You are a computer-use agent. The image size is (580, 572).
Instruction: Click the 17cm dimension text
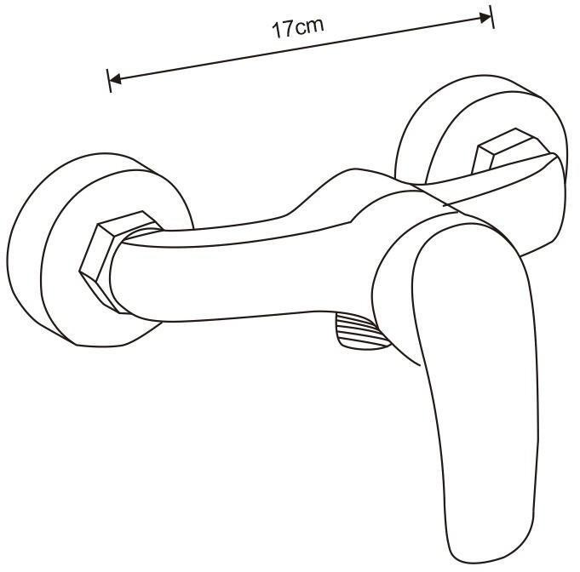coord(298,26)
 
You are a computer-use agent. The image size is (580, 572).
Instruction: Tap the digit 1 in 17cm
coord(277,30)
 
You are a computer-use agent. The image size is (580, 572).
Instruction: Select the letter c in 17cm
coord(300,27)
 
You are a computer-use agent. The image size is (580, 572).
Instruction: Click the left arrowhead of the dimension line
coord(116,80)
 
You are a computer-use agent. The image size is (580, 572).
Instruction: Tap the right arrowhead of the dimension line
coord(486,17)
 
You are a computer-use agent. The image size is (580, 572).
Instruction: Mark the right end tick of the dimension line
coord(492,16)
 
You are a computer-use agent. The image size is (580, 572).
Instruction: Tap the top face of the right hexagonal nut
coord(507,140)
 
